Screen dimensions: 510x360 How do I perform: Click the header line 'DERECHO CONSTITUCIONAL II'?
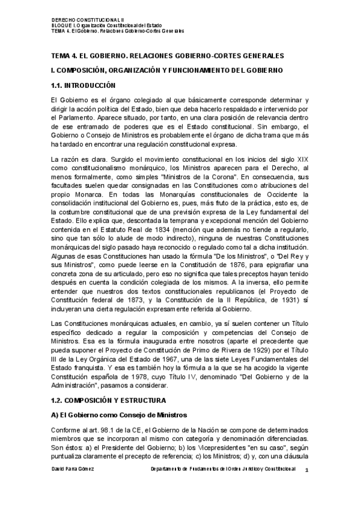[78, 19]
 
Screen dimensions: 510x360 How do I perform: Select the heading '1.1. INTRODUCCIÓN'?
[82, 85]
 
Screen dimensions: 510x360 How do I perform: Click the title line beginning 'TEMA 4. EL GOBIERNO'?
[168, 56]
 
